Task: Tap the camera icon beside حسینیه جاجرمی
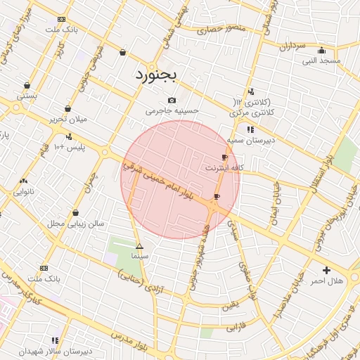click(172, 101)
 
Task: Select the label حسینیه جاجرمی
click(172, 111)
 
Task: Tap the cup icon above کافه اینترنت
click(224, 157)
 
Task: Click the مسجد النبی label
click(321, 61)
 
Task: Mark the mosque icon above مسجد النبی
click(322, 50)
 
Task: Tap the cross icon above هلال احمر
click(326, 270)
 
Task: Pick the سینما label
click(140, 257)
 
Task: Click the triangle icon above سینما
click(139, 246)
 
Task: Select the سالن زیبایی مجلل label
click(75, 224)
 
